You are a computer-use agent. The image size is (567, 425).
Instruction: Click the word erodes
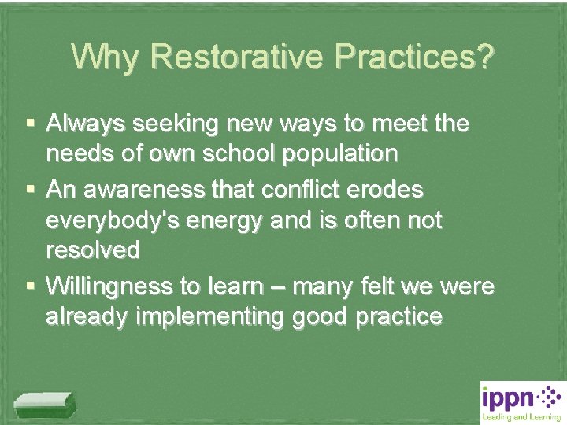click(x=387, y=190)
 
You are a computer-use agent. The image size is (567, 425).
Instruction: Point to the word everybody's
click(x=110, y=221)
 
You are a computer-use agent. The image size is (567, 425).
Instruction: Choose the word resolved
click(x=93, y=252)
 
